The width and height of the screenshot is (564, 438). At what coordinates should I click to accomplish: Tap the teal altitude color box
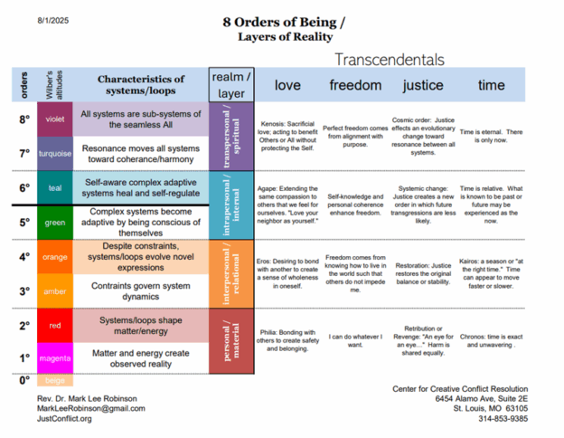(55, 188)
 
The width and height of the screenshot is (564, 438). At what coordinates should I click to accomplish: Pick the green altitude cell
(55, 222)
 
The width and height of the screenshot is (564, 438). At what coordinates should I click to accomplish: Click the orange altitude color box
(55, 257)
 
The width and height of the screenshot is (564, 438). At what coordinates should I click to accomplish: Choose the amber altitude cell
(55, 290)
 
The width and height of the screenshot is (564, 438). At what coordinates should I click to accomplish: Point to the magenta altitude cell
(55, 358)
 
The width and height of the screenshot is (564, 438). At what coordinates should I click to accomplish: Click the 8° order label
(24, 119)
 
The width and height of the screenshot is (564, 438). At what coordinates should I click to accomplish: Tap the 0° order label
(24, 380)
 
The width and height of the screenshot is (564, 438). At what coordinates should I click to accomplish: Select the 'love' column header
(287, 85)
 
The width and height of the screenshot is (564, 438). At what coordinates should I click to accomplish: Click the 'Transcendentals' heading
(389, 59)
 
